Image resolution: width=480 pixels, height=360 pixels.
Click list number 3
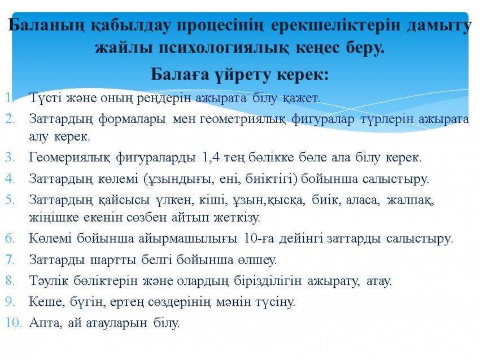click(10, 157)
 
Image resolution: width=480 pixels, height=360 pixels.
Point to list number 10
click(14, 323)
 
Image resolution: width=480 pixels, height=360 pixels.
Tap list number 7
click(10, 260)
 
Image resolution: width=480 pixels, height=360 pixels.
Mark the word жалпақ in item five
click(410, 200)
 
